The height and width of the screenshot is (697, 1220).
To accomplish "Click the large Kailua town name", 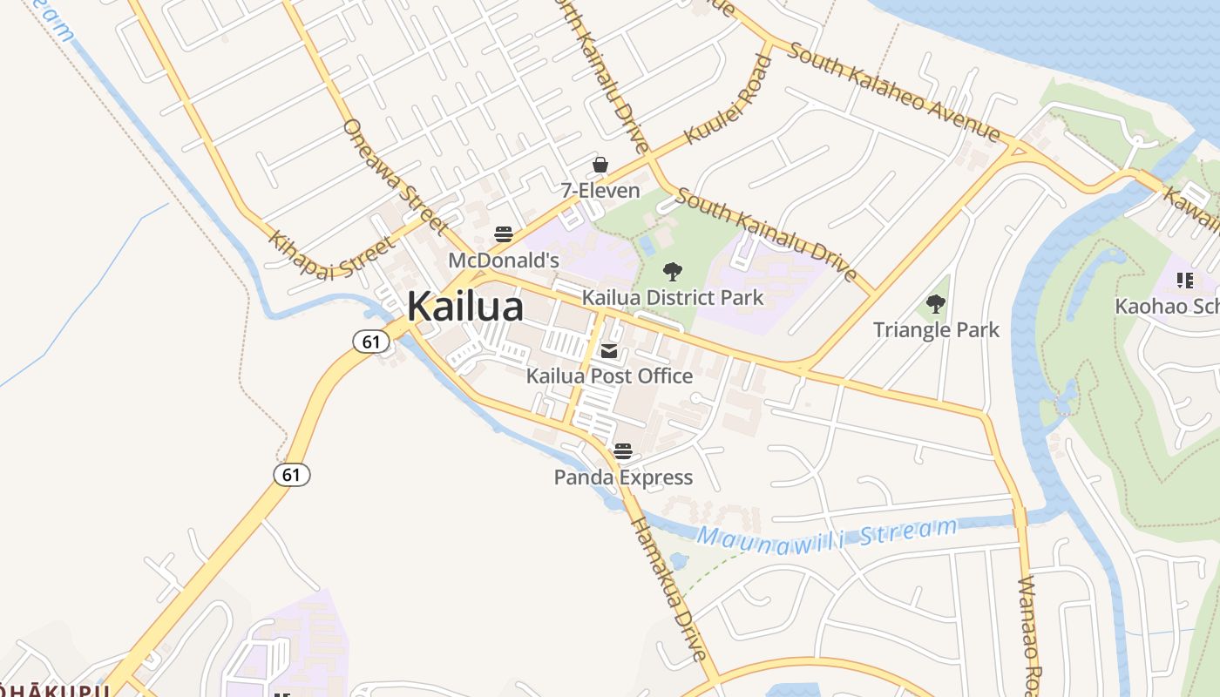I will (x=465, y=307).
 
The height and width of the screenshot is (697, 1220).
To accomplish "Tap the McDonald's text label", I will (x=504, y=260).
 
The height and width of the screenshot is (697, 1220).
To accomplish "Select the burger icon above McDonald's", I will (x=504, y=233).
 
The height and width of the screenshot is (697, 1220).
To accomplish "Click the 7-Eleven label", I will (x=600, y=190).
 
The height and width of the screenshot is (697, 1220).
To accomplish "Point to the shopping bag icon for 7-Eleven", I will (x=600, y=165).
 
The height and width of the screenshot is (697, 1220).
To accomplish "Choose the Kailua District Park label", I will (x=673, y=297).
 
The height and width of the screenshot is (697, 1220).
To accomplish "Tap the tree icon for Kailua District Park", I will (x=672, y=272).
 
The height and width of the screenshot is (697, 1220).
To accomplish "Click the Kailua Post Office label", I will (x=609, y=376).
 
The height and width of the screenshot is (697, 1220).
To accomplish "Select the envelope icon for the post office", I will (x=609, y=351).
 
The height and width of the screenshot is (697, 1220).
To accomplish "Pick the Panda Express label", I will (x=623, y=477).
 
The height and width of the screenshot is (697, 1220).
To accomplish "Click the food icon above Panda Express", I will (x=622, y=451).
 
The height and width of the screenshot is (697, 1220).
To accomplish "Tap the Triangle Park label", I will (x=936, y=329).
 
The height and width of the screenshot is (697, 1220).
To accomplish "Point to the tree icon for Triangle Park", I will (x=936, y=304).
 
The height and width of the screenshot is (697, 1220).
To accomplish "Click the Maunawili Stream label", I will (x=827, y=534).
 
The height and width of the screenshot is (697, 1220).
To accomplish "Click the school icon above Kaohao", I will (x=1184, y=281).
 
